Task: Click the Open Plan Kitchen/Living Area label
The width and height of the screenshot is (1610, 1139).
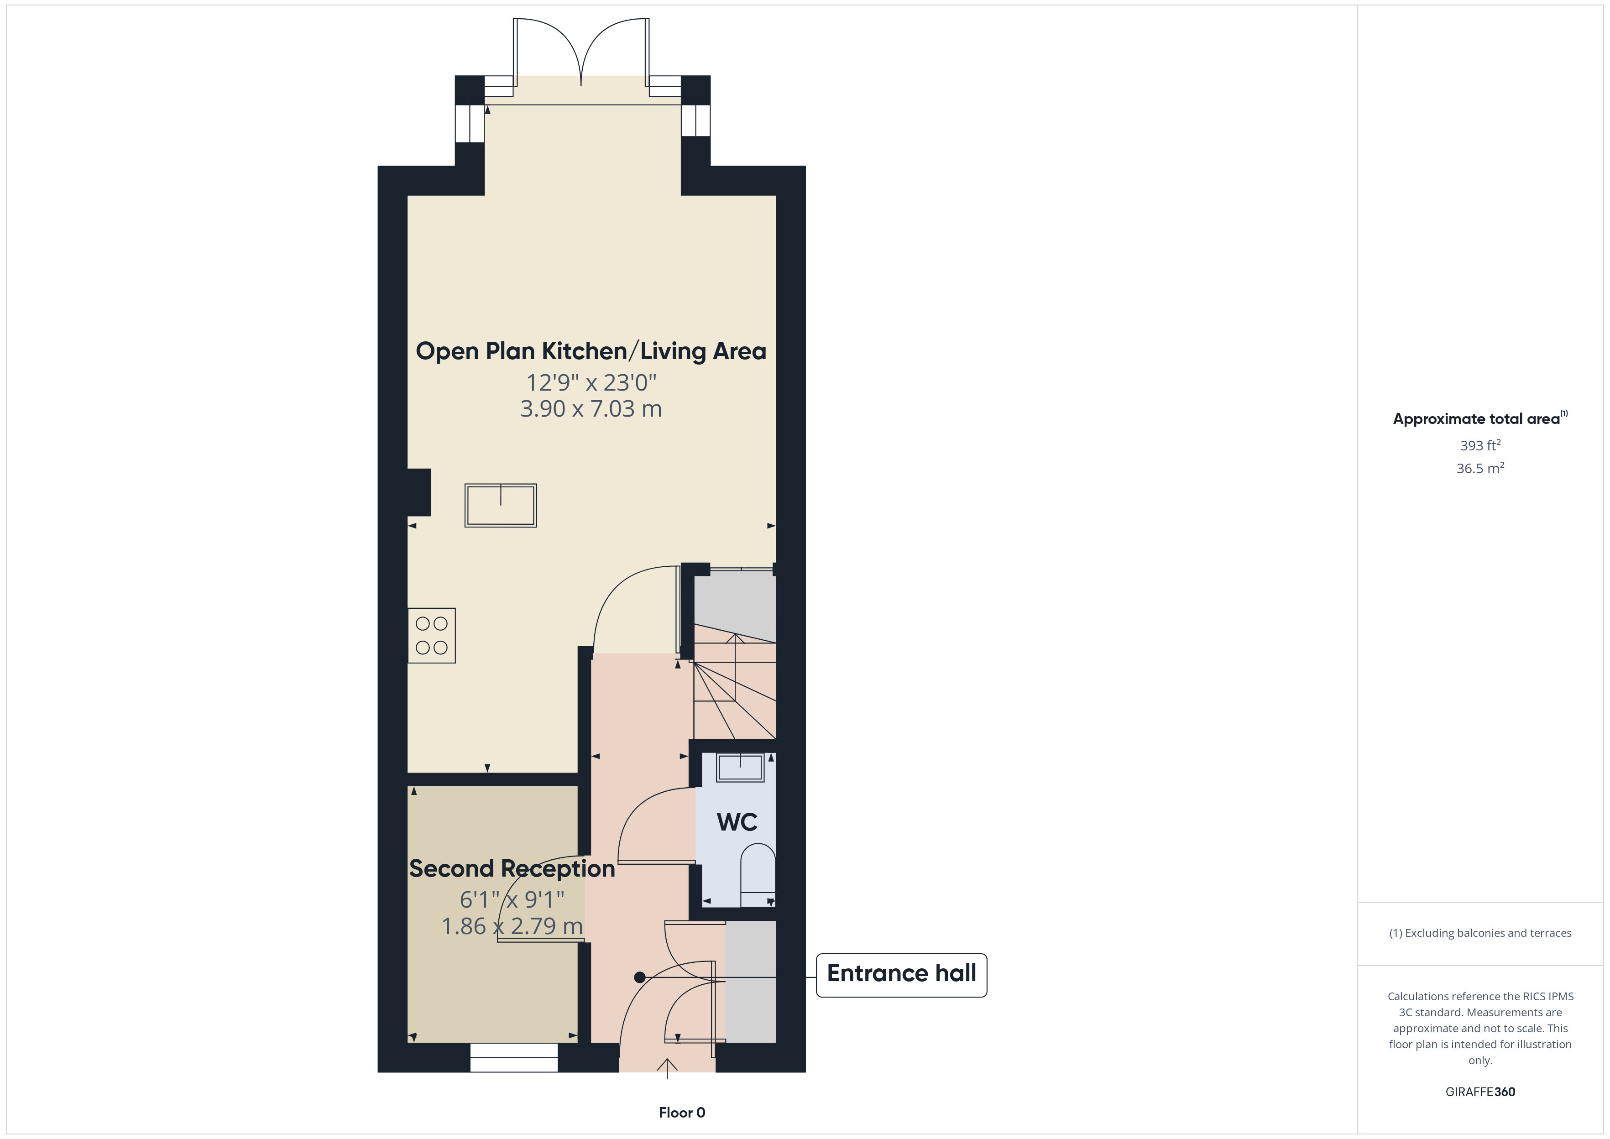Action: (x=591, y=350)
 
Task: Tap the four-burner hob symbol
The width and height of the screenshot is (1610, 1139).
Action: (x=431, y=635)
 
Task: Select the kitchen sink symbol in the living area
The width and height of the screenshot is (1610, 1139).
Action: (x=500, y=505)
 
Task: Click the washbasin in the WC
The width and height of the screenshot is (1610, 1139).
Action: (x=739, y=767)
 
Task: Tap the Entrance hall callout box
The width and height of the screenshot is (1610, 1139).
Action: (x=901, y=974)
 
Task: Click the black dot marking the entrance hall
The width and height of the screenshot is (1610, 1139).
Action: (x=639, y=977)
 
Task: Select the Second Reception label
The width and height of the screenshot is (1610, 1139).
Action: (x=512, y=868)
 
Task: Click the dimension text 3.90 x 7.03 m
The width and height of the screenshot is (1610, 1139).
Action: (x=591, y=409)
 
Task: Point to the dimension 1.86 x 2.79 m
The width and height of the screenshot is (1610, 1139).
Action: (x=512, y=926)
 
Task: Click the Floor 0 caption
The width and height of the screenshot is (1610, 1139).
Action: (x=682, y=1113)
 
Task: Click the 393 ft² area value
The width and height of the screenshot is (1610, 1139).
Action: (x=1479, y=445)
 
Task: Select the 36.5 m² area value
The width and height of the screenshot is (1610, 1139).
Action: (x=1479, y=469)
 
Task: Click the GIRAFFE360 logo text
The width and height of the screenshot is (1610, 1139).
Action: (x=1479, y=1092)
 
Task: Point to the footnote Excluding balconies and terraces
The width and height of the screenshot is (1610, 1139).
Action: (x=1479, y=933)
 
